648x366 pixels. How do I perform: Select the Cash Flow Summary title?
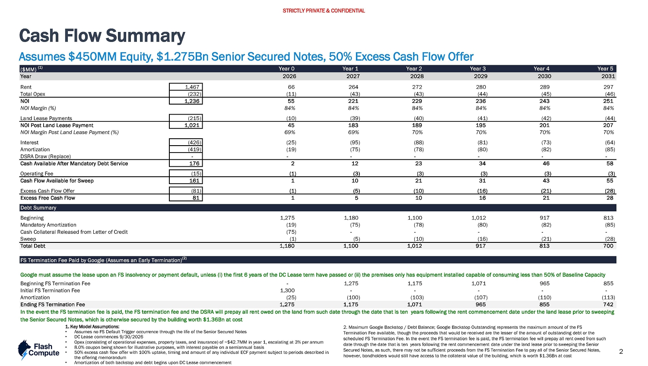pos(102,36)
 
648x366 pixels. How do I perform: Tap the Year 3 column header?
pos(478,69)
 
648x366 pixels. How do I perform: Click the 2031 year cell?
pos(608,76)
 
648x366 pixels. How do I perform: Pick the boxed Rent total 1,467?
pos(192,87)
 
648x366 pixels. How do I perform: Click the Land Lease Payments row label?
pos(46,118)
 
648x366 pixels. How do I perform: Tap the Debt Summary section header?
pos(38,208)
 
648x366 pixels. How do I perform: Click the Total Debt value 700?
pos(608,246)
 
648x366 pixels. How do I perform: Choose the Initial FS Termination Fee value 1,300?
pos(287,291)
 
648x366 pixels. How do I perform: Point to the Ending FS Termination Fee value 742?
pos(608,305)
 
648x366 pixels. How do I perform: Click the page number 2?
pos(621,351)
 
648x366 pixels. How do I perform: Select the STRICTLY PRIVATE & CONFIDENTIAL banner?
pos(324,11)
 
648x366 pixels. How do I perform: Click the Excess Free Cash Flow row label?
pos(48,198)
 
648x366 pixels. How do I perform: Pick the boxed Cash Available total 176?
pos(194,163)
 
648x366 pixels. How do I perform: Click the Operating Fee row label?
pos(37,174)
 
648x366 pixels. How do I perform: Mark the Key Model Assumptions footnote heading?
pos(92,327)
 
